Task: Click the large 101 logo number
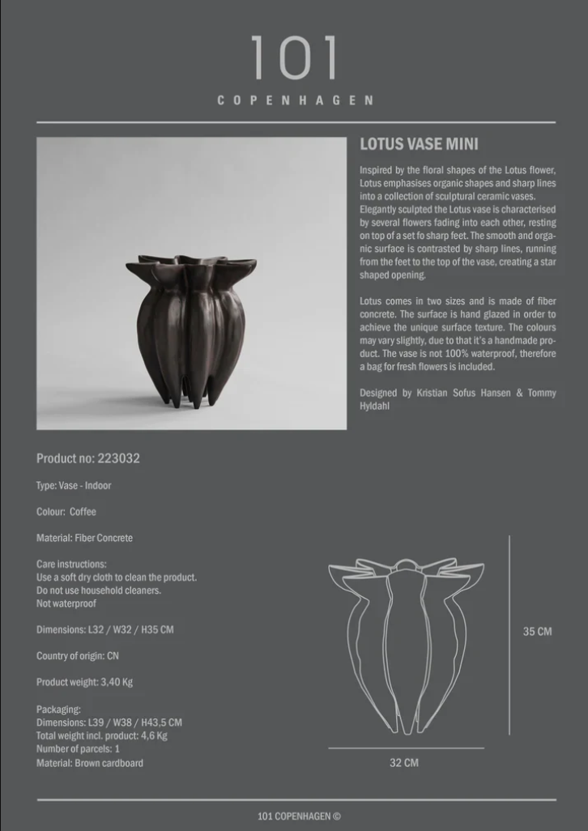(x=294, y=58)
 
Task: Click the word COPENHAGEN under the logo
(x=295, y=100)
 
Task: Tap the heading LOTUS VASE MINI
(x=419, y=144)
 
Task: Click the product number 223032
(x=118, y=458)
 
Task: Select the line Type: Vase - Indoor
(x=74, y=486)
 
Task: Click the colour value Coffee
(x=83, y=512)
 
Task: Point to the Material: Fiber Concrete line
(x=84, y=538)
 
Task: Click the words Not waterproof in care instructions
(x=66, y=603)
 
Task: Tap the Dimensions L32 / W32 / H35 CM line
(x=104, y=629)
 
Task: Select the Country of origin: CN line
(x=77, y=656)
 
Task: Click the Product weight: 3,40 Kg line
(x=84, y=682)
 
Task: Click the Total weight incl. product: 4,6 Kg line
(x=102, y=736)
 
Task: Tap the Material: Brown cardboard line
(x=90, y=763)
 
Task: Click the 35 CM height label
(x=537, y=632)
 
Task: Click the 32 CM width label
(x=404, y=763)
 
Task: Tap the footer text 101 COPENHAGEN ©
(x=299, y=816)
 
